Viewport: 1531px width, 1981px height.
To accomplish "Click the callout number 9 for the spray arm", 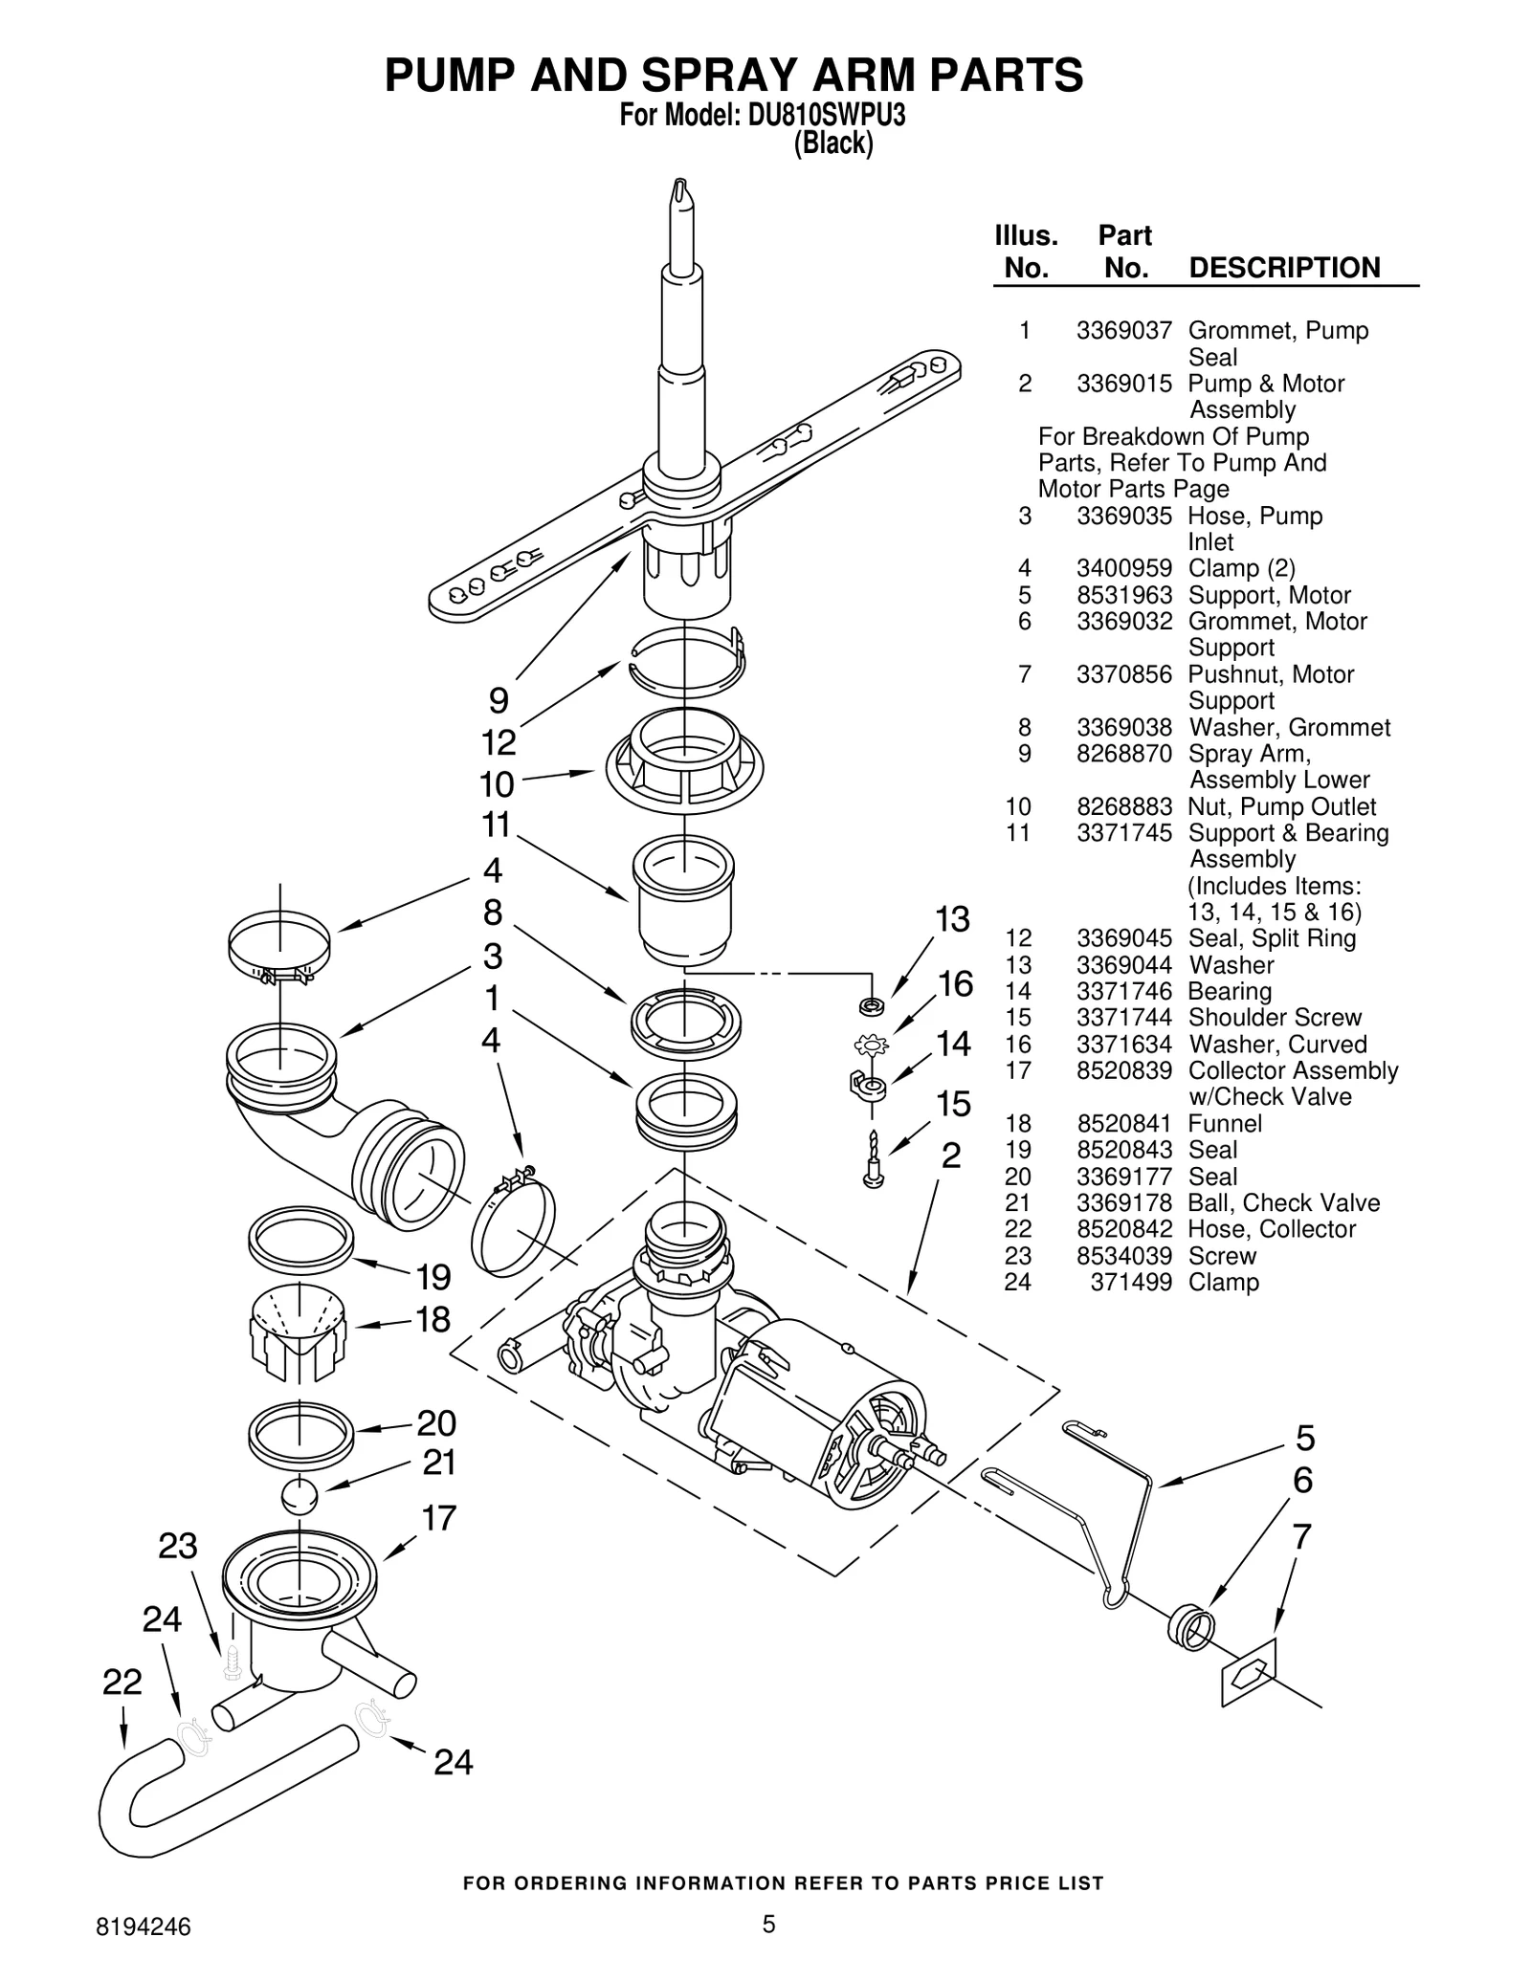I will pyautogui.click(x=499, y=701).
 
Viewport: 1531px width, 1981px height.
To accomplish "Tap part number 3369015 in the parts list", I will pyautogui.click(x=1123, y=384).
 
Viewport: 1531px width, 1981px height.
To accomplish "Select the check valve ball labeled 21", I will pyautogui.click(x=300, y=1496).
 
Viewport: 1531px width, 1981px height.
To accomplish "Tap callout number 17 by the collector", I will pyautogui.click(x=439, y=1518).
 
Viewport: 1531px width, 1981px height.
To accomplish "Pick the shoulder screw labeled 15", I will pyautogui.click(x=873, y=1161).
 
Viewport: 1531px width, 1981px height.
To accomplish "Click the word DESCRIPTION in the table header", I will pyautogui.click(x=1284, y=268).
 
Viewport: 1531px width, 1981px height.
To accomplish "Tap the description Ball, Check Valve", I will pyautogui.click(x=1283, y=1203).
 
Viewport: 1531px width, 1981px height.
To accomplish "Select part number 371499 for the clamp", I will pyautogui.click(x=1130, y=1283).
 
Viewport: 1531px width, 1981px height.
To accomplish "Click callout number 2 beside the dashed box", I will pyautogui.click(x=950, y=1156).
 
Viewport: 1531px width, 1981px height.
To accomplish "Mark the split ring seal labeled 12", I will pyautogui.click(x=686, y=661).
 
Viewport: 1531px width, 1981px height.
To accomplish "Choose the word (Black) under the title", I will pyautogui.click(x=832, y=143).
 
